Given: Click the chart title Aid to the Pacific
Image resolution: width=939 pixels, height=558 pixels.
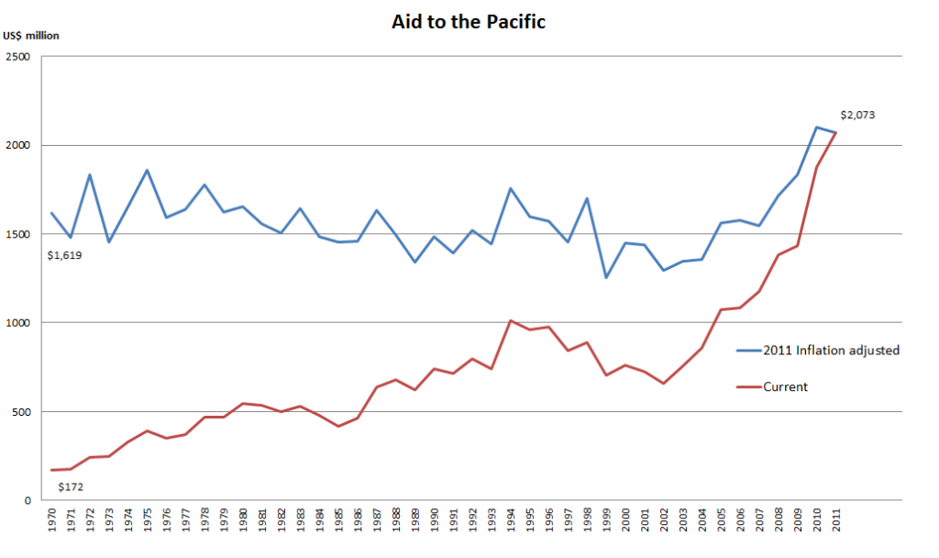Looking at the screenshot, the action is click(x=469, y=22).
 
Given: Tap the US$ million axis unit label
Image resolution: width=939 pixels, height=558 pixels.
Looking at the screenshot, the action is click(x=31, y=36).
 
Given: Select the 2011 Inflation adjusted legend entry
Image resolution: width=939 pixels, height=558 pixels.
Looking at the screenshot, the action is click(x=818, y=351).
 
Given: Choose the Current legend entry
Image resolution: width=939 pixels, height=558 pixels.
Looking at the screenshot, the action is click(x=772, y=387).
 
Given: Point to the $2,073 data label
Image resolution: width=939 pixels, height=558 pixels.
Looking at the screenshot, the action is click(x=857, y=115).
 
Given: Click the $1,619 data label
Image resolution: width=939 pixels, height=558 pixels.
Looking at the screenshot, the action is click(x=65, y=255).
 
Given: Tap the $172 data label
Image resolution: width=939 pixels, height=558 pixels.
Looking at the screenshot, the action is click(x=71, y=486).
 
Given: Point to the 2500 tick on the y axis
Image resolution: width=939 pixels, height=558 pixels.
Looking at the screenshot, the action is click(x=18, y=57).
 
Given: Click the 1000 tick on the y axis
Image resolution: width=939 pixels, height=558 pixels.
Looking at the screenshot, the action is click(x=18, y=323).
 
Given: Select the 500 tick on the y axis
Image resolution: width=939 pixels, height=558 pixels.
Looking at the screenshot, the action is click(x=21, y=412).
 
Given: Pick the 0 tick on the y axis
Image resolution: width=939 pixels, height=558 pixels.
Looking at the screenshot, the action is click(x=28, y=500).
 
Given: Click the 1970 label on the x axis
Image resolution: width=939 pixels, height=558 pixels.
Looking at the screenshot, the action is click(x=51, y=520).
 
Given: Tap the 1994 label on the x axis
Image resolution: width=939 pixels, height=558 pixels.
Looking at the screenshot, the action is click(x=511, y=520).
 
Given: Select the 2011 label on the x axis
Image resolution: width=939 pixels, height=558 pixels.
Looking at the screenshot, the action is click(x=836, y=520).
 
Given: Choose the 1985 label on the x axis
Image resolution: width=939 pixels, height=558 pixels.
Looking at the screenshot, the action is click(x=338, y=520).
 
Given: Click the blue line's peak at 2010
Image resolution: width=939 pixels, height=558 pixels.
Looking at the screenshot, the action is click(x=817, y=127).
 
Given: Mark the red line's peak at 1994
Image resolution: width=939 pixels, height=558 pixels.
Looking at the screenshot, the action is click(x=510, y=320).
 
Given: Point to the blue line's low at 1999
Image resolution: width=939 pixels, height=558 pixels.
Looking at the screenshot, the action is click(x=606, y=277).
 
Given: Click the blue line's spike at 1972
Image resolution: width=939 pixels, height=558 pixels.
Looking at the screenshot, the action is click(x=90, y=175).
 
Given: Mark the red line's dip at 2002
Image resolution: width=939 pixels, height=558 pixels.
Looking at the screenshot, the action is click(x=664, y=383).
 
